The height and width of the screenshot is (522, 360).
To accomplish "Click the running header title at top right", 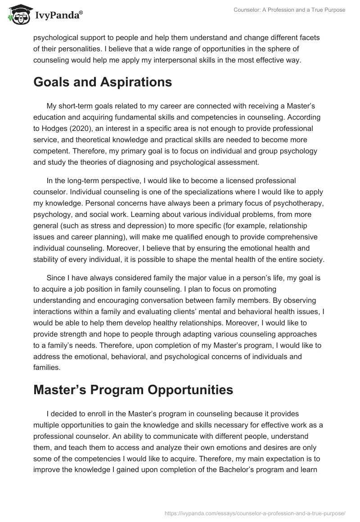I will tap(289, 10).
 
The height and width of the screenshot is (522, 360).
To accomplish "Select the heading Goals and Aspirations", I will tap(103, 82).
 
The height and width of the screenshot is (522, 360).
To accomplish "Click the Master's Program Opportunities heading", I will tap(133, 390).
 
